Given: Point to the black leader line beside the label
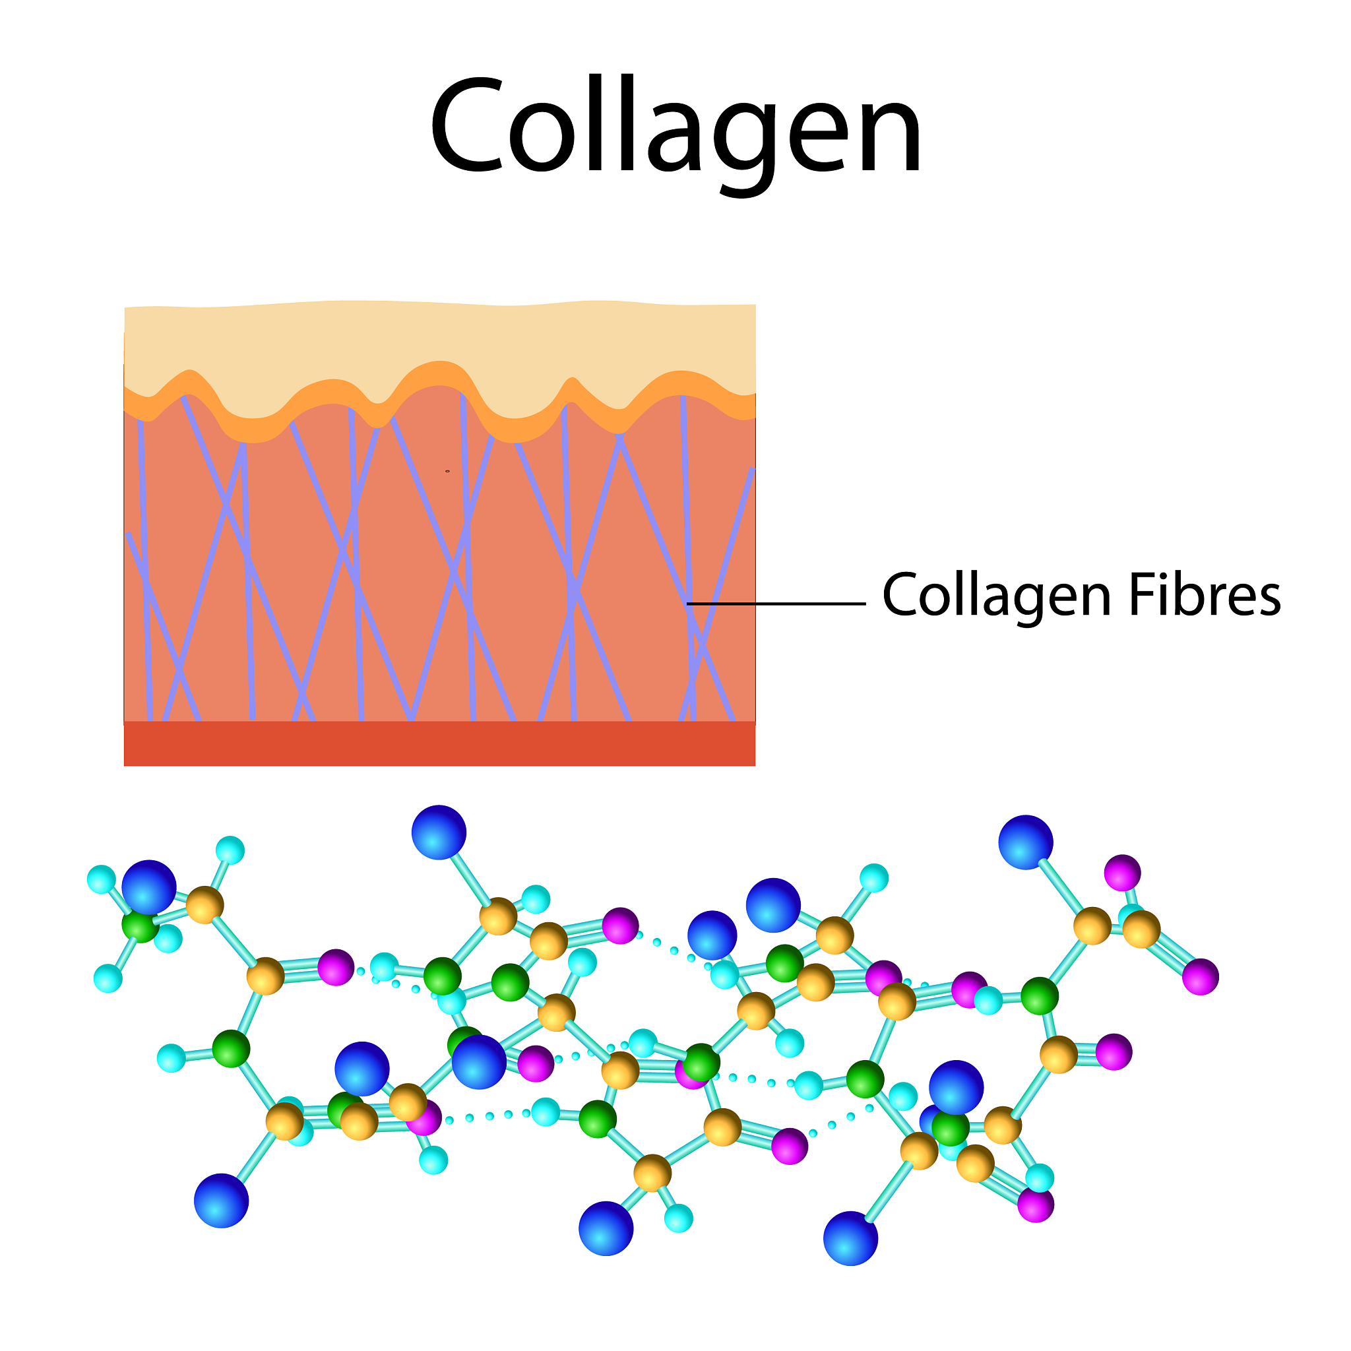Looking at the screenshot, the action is tap(776, 603).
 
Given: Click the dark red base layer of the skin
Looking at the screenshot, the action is tap(439, 744).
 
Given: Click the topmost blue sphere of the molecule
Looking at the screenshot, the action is tap(439, 832).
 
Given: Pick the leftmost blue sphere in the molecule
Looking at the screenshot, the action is tap(149, 887).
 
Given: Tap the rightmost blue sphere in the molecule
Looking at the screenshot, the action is tap(1026, 842).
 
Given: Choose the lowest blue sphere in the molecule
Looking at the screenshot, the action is tap(850, 1239).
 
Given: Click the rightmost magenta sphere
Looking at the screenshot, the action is tap(1201, 976).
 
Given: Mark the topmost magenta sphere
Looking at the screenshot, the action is tap(1122, 873).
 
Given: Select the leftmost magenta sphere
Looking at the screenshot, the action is tap(336, 967).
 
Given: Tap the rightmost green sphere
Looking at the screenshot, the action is tap(1040, 995).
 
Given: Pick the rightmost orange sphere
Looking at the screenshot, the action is tap(1141, 929).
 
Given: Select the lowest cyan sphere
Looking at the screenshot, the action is tap(678, 1218).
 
